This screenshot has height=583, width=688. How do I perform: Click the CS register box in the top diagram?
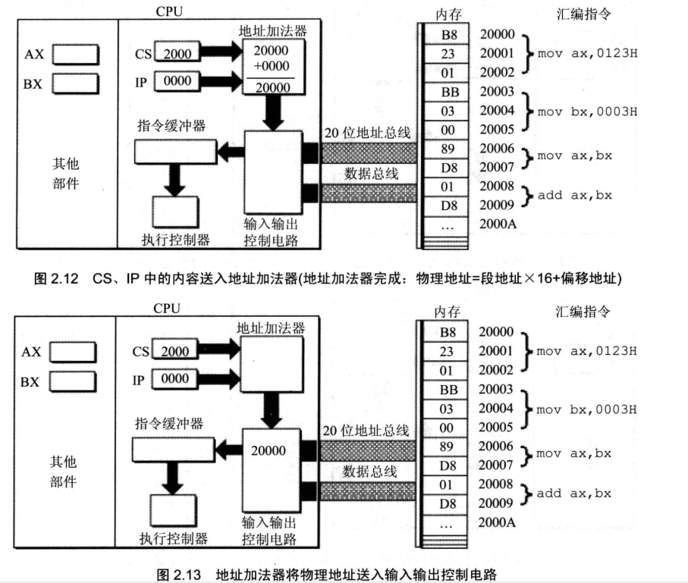(177, 53)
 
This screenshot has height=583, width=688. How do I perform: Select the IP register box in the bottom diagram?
(177, 377)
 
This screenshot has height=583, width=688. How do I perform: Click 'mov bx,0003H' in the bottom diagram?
(586, 409)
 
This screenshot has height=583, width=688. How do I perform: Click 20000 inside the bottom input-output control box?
(269, 451)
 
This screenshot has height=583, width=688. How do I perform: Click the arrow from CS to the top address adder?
(221, 53)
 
